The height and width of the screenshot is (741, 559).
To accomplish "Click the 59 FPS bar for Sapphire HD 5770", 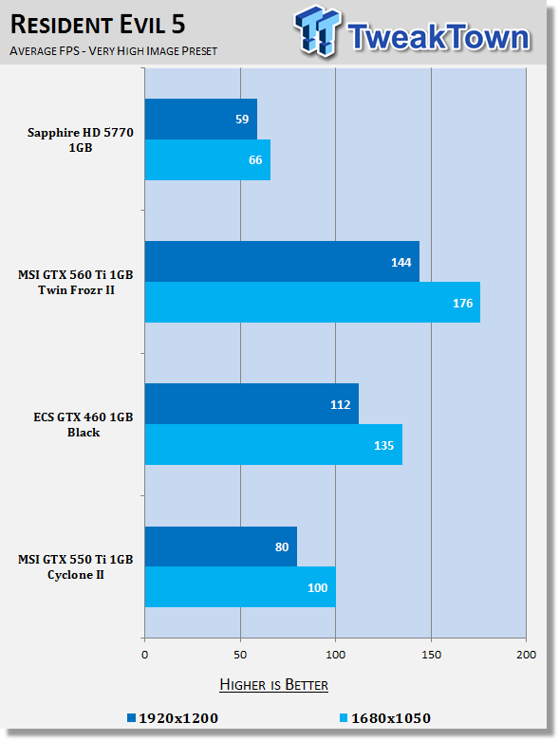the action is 201,120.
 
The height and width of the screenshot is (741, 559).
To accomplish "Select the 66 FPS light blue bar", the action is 208,159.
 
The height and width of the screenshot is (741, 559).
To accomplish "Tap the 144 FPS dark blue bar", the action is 282,261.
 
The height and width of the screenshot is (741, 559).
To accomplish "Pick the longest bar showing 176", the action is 312,303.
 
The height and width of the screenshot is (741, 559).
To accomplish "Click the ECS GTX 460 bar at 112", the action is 252,404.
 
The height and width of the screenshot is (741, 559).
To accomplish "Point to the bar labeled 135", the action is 273,445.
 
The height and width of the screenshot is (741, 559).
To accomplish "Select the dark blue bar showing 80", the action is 221,546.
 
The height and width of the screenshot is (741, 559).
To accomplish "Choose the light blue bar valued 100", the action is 240,587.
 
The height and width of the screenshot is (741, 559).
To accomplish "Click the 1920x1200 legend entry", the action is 173,718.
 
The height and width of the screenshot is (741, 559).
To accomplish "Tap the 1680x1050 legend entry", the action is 385,718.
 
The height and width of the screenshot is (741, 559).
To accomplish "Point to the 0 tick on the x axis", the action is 144,655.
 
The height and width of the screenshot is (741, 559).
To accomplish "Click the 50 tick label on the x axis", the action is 240,655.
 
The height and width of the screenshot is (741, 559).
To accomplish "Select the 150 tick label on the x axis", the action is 431,655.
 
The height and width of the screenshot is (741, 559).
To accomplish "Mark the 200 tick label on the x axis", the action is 527,655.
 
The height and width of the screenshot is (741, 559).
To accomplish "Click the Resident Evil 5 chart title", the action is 98,25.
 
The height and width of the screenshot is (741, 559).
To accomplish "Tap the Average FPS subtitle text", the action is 113,51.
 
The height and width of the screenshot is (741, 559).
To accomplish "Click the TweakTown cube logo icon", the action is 317,31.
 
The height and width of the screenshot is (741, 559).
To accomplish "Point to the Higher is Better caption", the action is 273,685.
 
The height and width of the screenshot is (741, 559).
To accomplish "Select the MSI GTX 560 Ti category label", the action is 76,282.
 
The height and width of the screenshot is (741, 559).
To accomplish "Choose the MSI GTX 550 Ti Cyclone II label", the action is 76,566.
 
